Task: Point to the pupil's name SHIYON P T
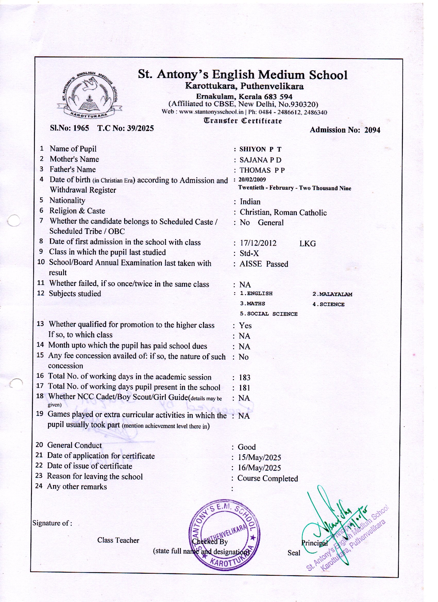[x=260, y=149]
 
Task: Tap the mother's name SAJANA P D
[x=260, y=160]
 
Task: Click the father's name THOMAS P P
[x=262, y=170]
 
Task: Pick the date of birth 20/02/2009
[x=252, y=180]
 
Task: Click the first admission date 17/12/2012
[x=258, y=243]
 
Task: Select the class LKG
[x=308, y=244]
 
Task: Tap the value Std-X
[x=249, y=254]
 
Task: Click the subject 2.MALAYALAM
[x=332, y=294]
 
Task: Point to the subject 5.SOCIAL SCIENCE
[x=268, y=314]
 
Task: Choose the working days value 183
[x=245, y=378]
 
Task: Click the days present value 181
[x=245, y=388]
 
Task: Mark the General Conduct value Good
[x=247, y=447]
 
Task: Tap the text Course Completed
[x=267, y=478]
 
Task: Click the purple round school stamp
[x=224, y=535]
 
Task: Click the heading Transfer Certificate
[x=243, y=121]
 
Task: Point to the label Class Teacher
[x=118, y=540]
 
